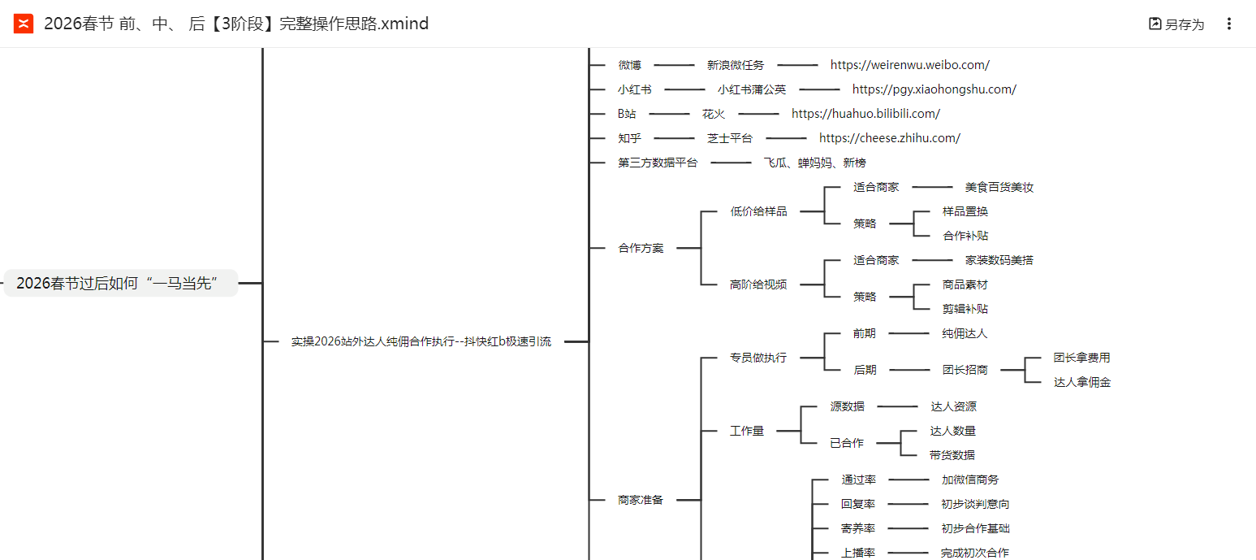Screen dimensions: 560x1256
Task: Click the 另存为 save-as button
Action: coord(1176,24)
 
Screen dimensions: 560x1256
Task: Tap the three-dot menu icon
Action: coord(1228,24)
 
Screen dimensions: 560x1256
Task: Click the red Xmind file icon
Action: coord(24,24)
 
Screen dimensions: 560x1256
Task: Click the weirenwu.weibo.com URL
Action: coord(909,65)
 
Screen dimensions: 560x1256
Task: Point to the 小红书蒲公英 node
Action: coord(751,89)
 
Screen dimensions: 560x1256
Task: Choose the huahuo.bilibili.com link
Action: coord(865,114)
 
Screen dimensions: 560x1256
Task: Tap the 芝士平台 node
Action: coord(729,138)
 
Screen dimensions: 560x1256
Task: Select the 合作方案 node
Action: coord(641,248)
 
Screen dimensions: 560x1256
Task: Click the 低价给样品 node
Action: coord(758,211)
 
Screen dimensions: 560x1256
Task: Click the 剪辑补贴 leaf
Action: coord(965,309)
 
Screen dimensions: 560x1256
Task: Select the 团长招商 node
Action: coord(965,370)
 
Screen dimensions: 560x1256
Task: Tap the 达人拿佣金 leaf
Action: coord(1081,382)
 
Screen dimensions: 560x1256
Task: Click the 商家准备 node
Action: coord(641,500)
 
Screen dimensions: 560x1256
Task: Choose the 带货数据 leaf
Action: coord(952,455)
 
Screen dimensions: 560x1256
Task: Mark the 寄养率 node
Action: coord(857,528)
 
